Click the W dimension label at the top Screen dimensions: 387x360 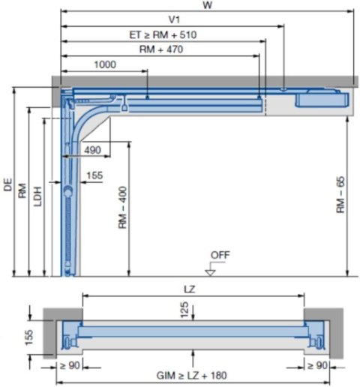[207, 5]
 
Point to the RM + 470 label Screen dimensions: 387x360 [161, 49]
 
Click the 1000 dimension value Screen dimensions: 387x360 [105, 65]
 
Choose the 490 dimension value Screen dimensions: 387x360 [92, 150]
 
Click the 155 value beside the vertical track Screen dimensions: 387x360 [95, 175]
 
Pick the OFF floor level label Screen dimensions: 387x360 [220, 255]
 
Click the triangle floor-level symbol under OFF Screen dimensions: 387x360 [211, 271]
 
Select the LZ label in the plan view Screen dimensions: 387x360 [193, 289]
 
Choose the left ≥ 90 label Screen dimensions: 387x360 [67, 365]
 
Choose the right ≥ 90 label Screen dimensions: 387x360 [316, 365]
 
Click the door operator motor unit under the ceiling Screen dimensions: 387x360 [321, 97]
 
